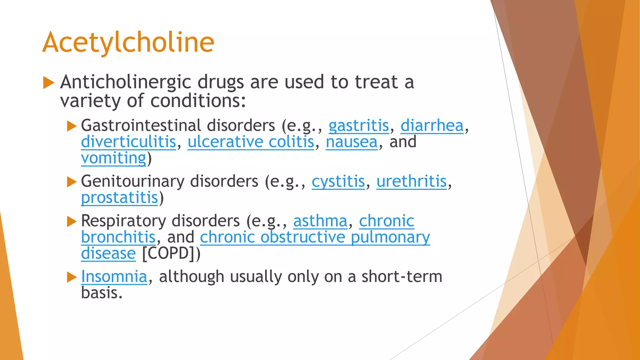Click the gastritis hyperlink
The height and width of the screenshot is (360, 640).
(358, 126)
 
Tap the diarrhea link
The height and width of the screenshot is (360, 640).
(432, 126)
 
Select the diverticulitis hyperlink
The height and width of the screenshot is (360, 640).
(128, 142)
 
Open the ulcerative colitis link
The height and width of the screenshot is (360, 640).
(251, 142)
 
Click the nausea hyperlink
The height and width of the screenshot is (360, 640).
(352, 142)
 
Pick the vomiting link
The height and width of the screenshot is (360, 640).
(113, 158)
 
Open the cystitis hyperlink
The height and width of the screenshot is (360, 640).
(338, 181)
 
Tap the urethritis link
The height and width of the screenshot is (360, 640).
(411, 181)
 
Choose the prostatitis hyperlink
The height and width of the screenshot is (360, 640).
(119, 198)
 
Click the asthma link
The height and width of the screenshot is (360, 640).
(320, 221)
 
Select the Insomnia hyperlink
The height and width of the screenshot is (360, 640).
(114, 277)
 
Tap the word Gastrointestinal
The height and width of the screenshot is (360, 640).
(141, 126)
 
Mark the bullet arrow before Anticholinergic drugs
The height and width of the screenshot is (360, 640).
(48, 82)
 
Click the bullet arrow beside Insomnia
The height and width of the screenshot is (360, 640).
(72, 277)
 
